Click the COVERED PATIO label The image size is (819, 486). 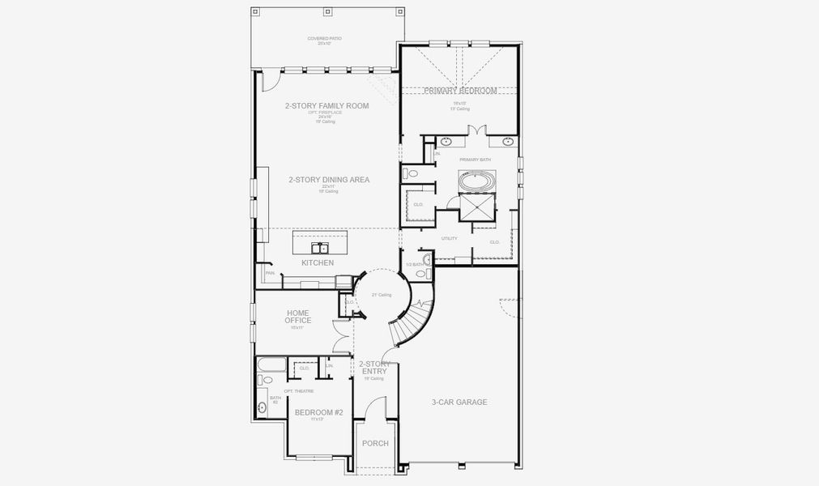click(324, 40)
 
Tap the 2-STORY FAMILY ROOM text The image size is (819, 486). click(326, 106)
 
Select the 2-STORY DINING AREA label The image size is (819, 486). click(329, 180)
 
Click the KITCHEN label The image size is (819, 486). click(318, 263)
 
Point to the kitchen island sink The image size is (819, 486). click(321, 246)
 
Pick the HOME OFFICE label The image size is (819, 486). click(298, 316)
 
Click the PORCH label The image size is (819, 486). click(375, 444)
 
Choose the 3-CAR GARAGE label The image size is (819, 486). click(459, 402)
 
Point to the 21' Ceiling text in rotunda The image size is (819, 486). click(382, 295)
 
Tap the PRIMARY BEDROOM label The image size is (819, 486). click(460, 92)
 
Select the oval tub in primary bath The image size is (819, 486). click(476, 181)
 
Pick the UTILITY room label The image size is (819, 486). click(450, 238)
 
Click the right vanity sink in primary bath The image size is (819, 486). click(508, 142)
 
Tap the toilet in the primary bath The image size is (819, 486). click(412, 173)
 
